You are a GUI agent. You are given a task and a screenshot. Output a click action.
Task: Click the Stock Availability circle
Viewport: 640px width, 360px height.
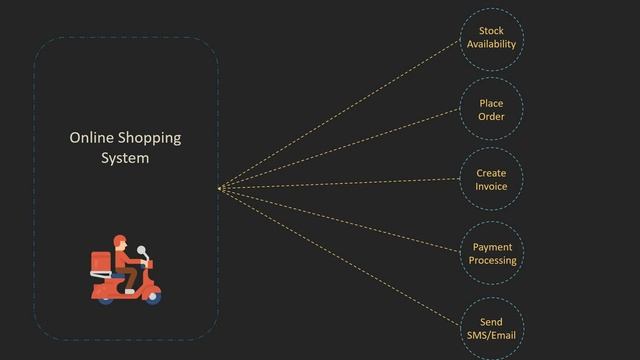[x=491, y=39]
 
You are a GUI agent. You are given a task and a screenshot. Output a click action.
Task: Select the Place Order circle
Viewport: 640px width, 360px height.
[x=491, y=110]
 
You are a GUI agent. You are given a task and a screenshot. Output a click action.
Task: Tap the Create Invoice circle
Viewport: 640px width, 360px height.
[x=491, y=180]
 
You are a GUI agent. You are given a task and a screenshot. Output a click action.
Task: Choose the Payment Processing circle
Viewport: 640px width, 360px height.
[x=492, y=254]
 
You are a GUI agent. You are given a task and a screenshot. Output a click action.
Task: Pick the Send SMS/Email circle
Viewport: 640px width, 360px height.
[x=491, y=329]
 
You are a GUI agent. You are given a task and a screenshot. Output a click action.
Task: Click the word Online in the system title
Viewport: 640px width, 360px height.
[x=91, y=138]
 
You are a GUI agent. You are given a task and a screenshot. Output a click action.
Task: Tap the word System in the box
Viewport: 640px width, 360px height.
[x=125, y=158]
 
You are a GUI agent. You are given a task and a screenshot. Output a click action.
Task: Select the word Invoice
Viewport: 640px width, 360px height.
[x=491, y=187]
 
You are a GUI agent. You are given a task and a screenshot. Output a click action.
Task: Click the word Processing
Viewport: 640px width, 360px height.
[x=492, y=261]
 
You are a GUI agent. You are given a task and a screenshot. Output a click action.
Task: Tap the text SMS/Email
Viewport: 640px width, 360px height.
[x=491, y=336]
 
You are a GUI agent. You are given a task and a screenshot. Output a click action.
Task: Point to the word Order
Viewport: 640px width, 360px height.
[x=491, y=117]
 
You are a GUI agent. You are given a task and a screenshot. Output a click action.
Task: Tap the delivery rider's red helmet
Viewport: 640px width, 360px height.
[x=120, y=241]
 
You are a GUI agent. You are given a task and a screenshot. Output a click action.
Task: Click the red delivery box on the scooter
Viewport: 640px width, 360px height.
[x=100, y=262]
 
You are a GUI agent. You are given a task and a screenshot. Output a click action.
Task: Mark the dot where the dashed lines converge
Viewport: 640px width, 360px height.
[x=220, y=188]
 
